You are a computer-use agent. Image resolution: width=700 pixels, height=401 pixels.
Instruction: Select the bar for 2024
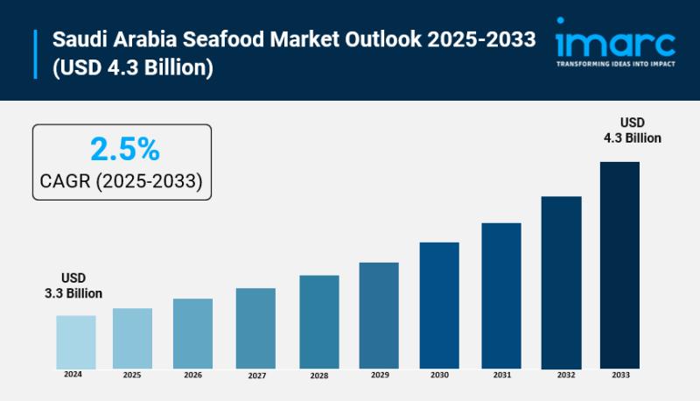click(x=76, y=341)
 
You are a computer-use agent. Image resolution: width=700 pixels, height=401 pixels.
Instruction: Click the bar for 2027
click(x=255, y=327)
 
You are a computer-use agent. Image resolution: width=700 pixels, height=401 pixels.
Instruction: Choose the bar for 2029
click(x=379, y=314)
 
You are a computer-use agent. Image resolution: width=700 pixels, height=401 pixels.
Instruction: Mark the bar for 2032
click(x=561, y=281)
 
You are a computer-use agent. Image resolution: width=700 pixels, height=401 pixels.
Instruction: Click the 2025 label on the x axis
click(x=132, y=375)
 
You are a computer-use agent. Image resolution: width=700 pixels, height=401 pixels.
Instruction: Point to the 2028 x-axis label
click(x=318, y=375)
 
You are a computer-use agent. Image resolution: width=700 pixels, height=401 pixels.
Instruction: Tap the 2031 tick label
click(x=501, y=375)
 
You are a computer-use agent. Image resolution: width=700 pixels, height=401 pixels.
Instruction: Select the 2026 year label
click(x=192, y=375)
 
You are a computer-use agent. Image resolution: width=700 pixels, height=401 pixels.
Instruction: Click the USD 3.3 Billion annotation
click(x=73, y=285)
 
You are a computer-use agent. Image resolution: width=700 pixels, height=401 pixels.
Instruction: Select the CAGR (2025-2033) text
click(x=122, y=181)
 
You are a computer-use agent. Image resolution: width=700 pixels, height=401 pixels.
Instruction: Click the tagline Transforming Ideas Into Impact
click(x=615, y=64)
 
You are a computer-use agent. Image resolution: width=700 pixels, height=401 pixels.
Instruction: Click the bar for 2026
click(x=192, y=333)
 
